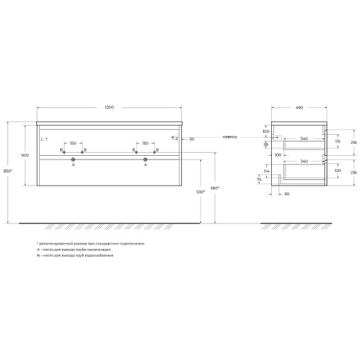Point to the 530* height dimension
200,192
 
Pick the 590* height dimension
215,187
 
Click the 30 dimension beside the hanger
192,139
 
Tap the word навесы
230,137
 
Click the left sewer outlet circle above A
73,159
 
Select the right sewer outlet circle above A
145,159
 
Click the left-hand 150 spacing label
73,143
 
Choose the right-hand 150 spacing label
145,143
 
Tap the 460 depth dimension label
299,108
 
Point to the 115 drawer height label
338,142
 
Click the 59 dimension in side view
266,144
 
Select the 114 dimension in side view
266,171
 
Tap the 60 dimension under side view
287,194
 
